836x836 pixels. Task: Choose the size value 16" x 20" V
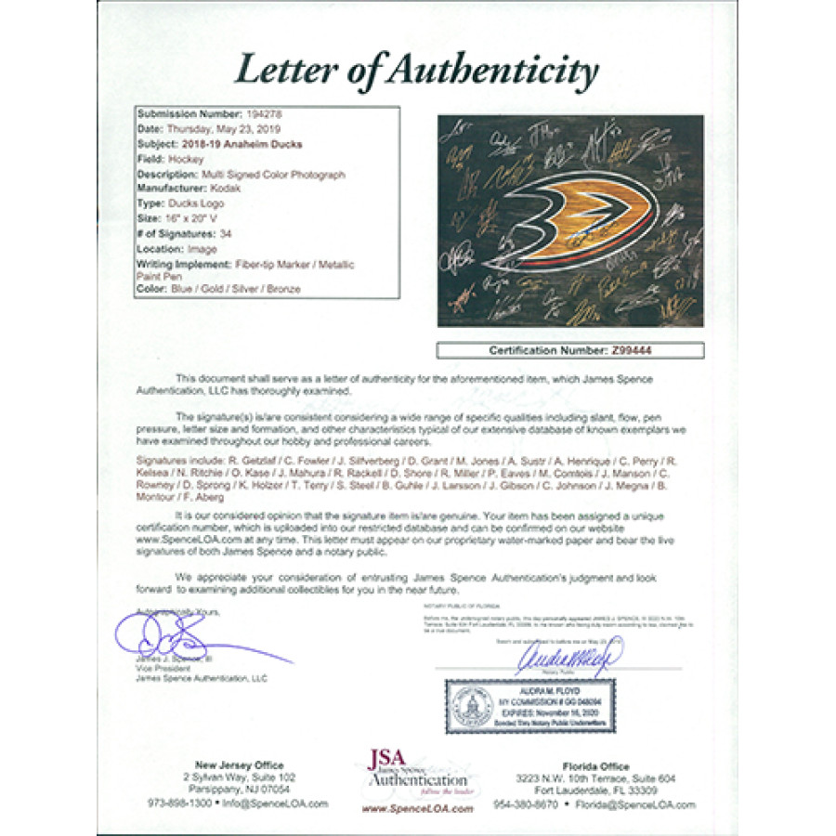pyautogui.click(x=195, y=218)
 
